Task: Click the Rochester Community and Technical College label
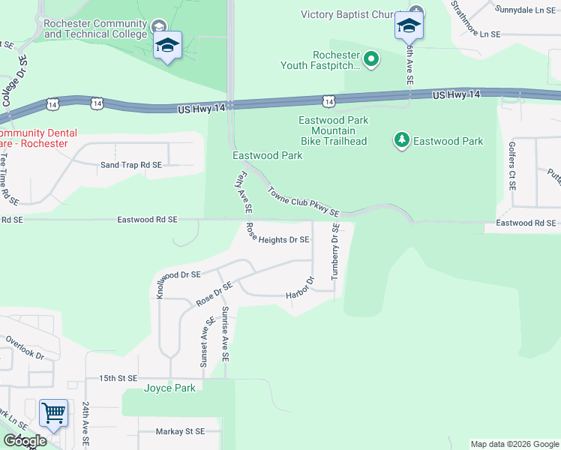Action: (x=96, y=28)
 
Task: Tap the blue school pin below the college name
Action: (x=167, y=46)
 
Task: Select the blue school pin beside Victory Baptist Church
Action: (x=409, y=27)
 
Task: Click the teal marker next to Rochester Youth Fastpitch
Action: (x=370, y=58)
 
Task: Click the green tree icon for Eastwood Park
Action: (x=402, y=140)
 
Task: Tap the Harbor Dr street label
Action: (x=299, y=290)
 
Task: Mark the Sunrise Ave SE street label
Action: (x=224, y=332)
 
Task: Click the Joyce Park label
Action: (x=169, y=388)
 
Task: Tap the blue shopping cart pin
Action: (x=53, y=412)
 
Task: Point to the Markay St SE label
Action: (x=180, y=431)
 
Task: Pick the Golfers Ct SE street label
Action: (x=511, y=164)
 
